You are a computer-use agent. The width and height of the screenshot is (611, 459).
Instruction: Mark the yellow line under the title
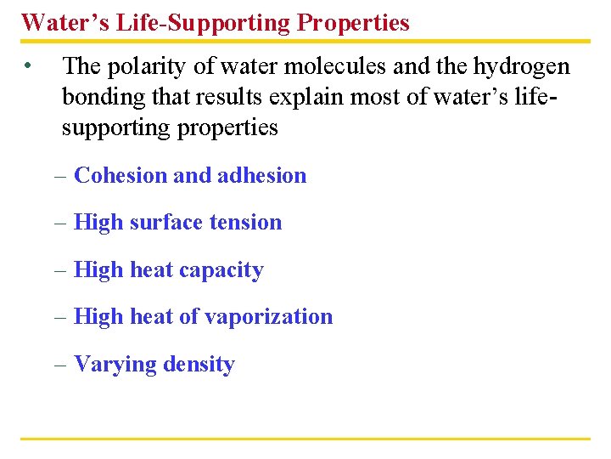305,40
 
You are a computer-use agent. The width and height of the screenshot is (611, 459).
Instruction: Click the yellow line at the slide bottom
305,439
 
